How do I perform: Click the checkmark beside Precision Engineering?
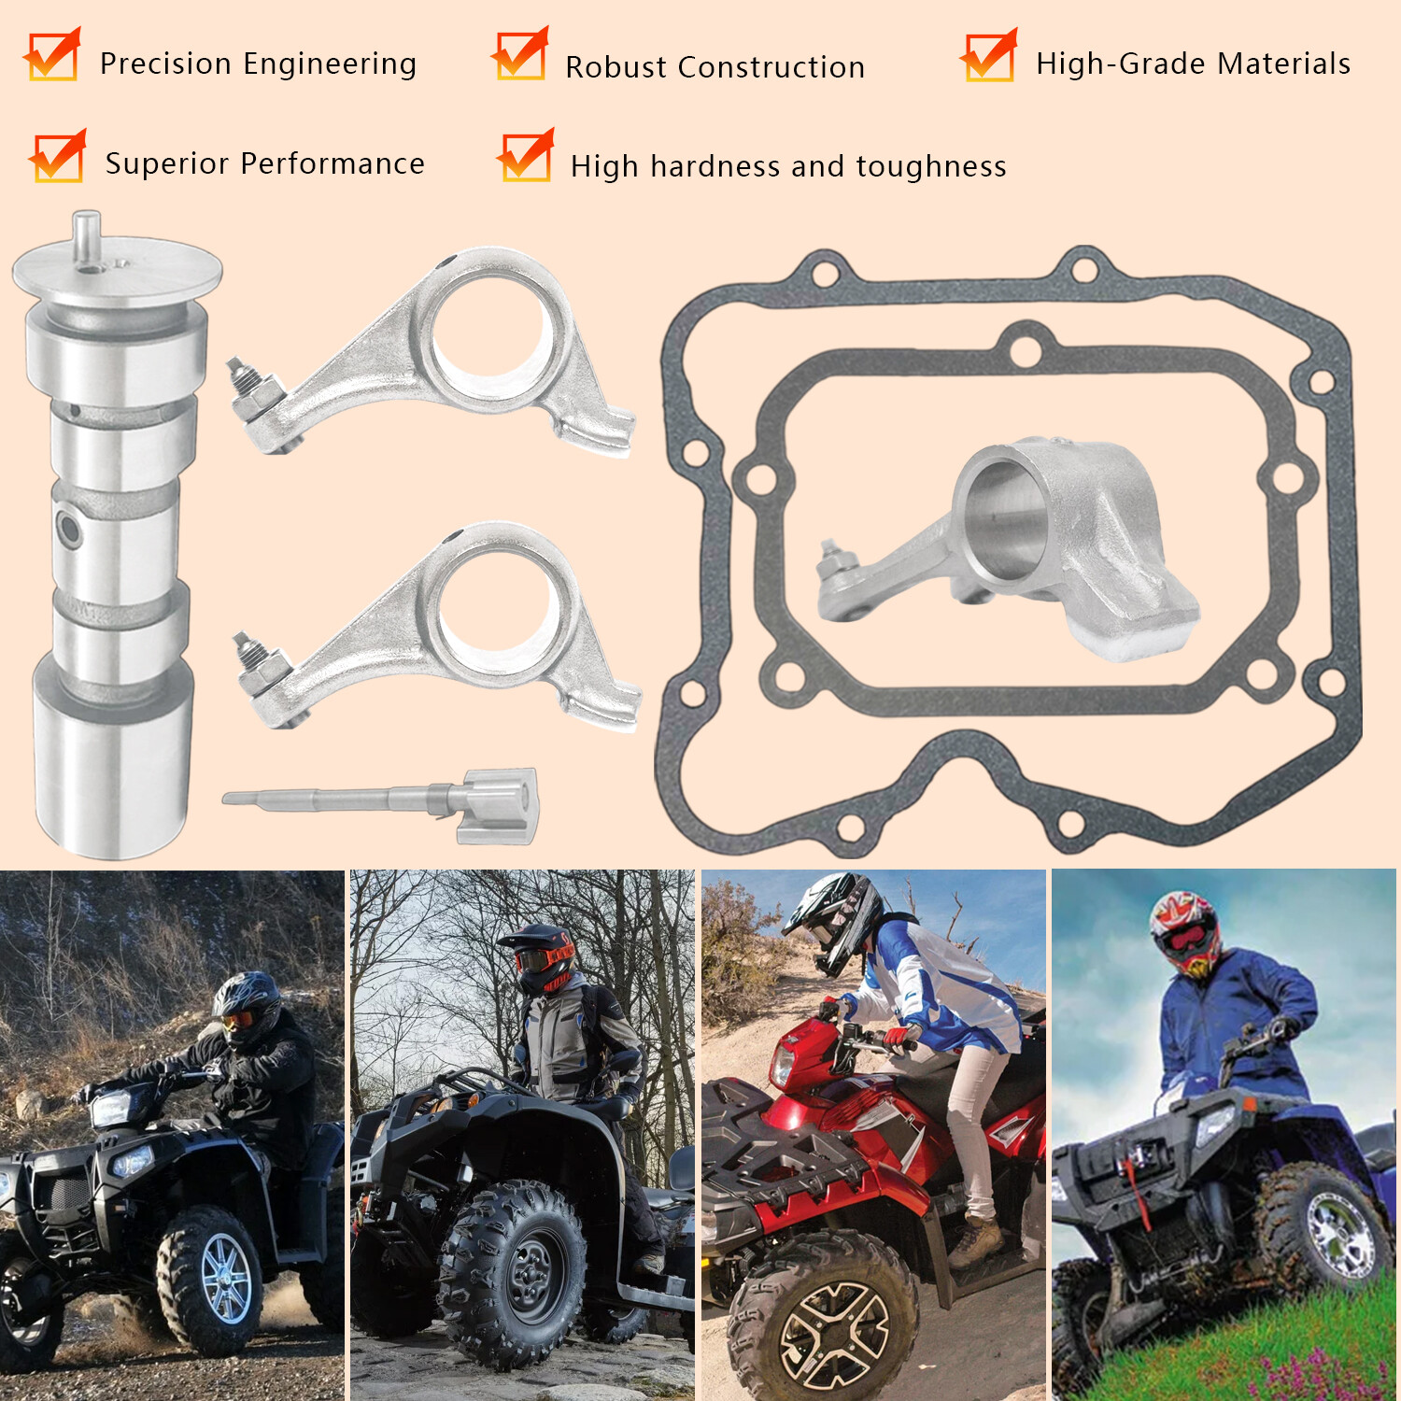tap(52, 56)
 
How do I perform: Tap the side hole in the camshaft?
tap(68, 529)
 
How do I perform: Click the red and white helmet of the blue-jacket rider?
tap(1184, 930)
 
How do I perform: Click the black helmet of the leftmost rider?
tap(248, 1004)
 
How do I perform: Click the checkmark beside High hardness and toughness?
tap(525, 156)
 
